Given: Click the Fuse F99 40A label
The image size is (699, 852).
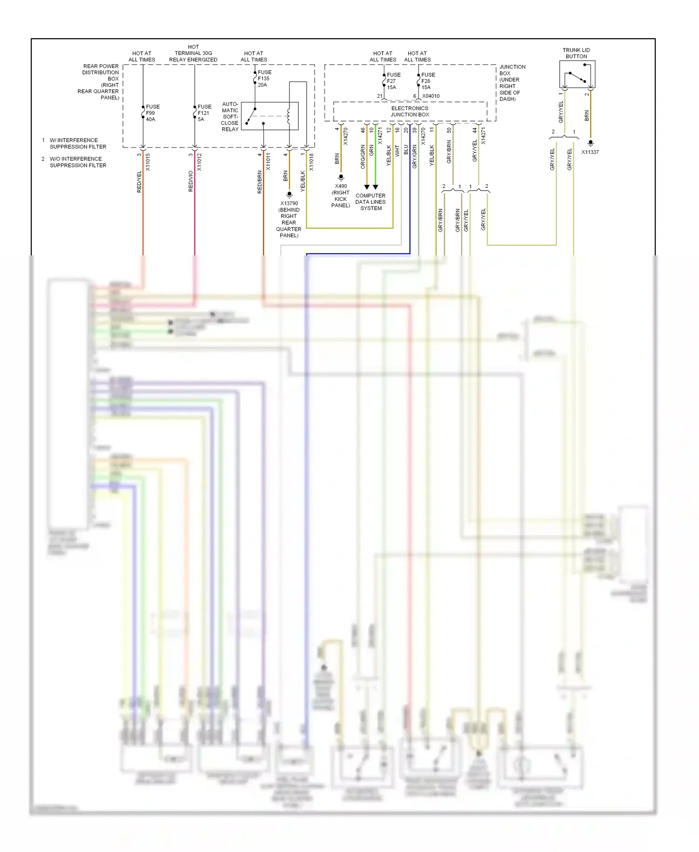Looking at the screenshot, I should (152, 113).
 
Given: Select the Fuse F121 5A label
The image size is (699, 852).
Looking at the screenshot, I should (204, 113).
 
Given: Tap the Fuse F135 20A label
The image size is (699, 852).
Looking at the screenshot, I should (264, 78).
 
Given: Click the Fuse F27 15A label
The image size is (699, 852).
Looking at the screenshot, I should (393, 81).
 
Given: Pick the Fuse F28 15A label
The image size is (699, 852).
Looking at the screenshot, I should (428, 81).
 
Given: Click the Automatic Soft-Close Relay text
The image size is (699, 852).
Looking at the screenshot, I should (230, 117).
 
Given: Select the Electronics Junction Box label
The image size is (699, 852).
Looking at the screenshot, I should (410, 111).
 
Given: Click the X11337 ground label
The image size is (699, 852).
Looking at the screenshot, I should (590, 152).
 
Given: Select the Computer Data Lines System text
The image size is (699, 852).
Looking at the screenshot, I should (370, 202).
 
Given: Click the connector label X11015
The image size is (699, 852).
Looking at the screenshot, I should (148, 162).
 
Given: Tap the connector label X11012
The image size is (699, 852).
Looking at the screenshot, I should (199, 162).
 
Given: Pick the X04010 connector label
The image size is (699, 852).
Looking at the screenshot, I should (431, 96).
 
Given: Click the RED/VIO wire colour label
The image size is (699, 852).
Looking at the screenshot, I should (191, 181).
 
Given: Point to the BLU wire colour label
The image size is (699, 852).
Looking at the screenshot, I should (406, 150).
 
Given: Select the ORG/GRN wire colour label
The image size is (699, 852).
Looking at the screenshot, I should (363, 157).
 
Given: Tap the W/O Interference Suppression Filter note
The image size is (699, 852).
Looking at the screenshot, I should (78, 162).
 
